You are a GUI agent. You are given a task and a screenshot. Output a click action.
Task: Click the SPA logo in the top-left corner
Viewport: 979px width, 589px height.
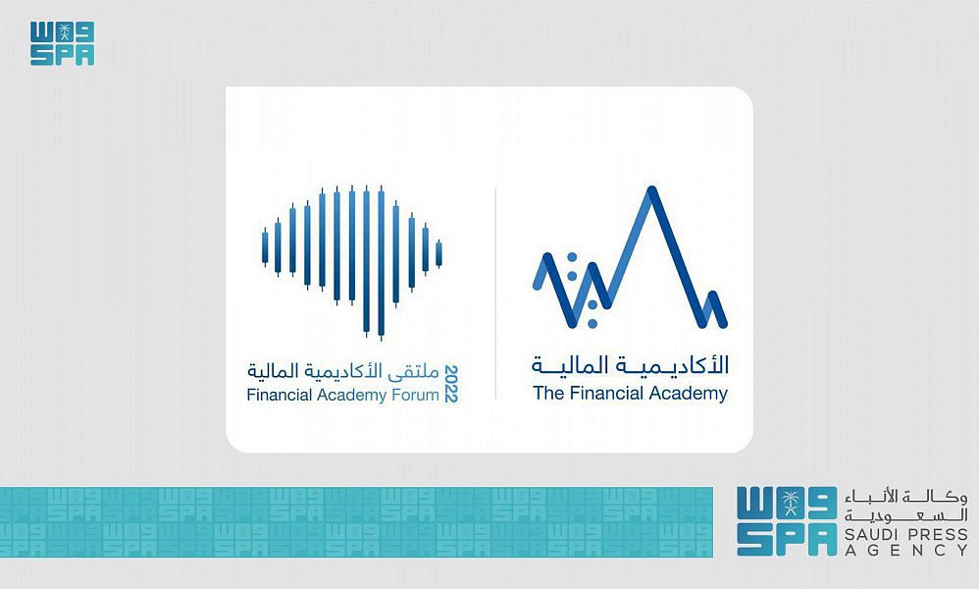[63, 44]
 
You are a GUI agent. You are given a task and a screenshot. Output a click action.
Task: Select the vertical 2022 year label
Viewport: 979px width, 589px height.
[451, 384]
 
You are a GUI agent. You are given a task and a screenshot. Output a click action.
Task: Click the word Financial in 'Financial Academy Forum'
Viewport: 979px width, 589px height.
[280, 395]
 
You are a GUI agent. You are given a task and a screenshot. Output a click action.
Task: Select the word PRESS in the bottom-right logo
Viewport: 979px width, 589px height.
[937, 535]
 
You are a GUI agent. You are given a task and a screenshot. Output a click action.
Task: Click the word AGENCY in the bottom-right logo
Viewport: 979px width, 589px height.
[906, 551]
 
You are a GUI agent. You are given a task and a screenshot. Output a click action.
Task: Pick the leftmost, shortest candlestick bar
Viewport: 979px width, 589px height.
[265, 246]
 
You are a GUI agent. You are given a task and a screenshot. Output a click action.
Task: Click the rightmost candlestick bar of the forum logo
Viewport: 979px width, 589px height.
[438, 253]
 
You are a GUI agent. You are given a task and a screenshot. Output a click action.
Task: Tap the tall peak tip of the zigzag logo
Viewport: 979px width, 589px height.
[651, 188]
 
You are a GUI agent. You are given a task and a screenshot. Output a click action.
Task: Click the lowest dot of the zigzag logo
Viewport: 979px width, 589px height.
[593, 324]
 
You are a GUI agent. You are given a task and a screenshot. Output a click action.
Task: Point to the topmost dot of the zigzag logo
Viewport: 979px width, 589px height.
[571, 257]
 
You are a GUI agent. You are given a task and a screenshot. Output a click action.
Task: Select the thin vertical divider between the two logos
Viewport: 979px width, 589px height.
[495, 293]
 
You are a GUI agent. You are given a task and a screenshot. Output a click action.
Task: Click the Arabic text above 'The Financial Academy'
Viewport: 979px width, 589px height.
[631, 365]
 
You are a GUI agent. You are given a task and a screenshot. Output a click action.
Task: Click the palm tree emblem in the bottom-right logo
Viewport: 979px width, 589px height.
[792, 503]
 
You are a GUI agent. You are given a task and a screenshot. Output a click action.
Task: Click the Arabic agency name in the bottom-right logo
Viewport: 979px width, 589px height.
[906, 507]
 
